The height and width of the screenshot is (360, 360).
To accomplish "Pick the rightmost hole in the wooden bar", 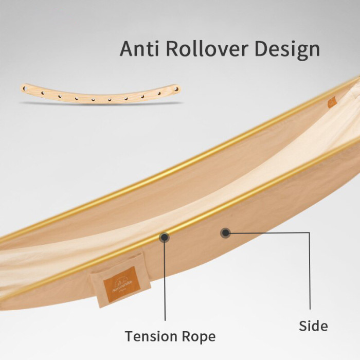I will pyautogui.click(x=176, y=89).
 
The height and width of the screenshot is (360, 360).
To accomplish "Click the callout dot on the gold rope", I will pyautogui.click(x=165, y=237).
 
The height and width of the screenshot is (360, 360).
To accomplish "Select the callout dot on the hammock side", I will pyautogui.click(x=225, y=233).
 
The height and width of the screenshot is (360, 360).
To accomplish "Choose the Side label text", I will pyautogui.click(x=313, y=326).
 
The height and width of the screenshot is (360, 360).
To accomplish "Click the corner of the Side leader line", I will pyautogui.click(x=310, y=233).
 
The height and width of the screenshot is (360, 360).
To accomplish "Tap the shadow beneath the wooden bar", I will pyautogui.click(x=100, y=102).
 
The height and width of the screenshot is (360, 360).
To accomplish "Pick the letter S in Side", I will pyautogui.click(x=302, y=326).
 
